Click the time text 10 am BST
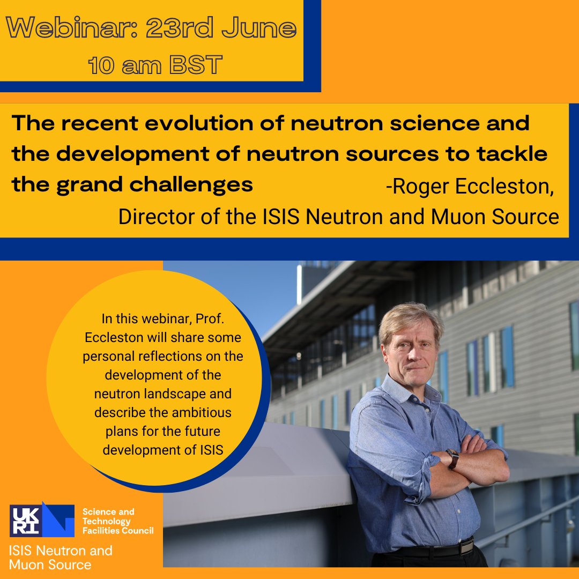[x=155, y=65]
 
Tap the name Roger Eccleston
[x=469, y=188]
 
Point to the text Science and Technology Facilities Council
[x=117, y=521]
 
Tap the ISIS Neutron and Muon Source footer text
[x=61, y=557]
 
